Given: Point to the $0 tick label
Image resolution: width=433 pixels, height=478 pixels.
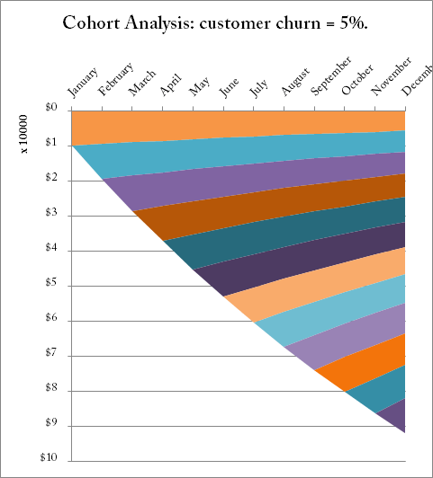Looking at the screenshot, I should pyautogui.click(x=51, y=109).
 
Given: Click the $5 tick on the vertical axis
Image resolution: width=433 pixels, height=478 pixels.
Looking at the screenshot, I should pyautogui.click(x=51, y=285).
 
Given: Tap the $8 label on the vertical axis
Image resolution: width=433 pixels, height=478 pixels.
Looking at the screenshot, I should pyautogui.click(x=51, y=390).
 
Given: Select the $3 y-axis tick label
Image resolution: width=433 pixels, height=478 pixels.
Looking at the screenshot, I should pyautogui.click(x=51, y=215).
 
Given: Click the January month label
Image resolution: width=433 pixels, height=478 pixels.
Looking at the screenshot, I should pyautogui.click(x=84, y=83).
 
